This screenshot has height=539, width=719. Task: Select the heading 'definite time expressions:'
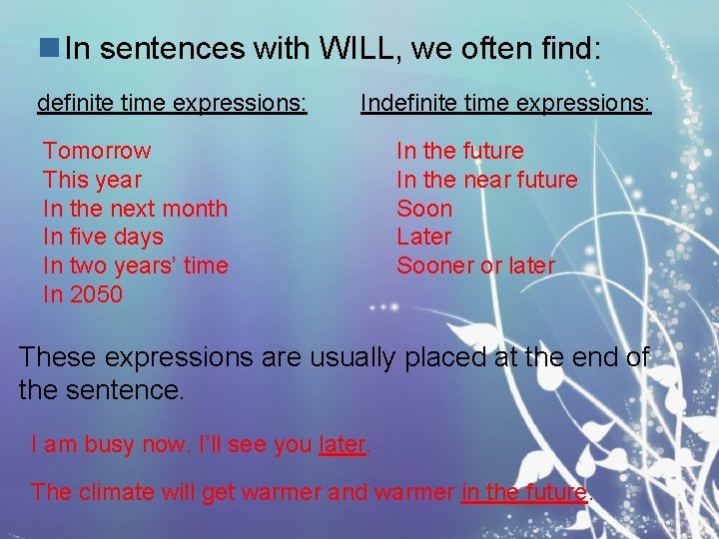pos(172,103)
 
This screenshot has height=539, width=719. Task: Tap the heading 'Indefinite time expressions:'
pos(505,103)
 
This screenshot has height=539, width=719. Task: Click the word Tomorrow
pos(97,151)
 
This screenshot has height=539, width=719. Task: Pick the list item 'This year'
pos(92,180)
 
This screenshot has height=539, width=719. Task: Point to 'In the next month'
pos(135,209)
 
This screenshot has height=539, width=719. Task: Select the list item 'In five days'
pos(103,237)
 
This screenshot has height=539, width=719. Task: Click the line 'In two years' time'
pos(135,266)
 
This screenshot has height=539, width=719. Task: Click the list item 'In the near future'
pos(486,180)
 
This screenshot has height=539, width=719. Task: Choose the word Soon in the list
pos(424,209)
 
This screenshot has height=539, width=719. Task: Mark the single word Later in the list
pos(423,237)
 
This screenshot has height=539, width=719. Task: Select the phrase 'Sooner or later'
pos(474,266)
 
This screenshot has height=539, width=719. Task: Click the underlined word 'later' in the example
pos(343,445)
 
